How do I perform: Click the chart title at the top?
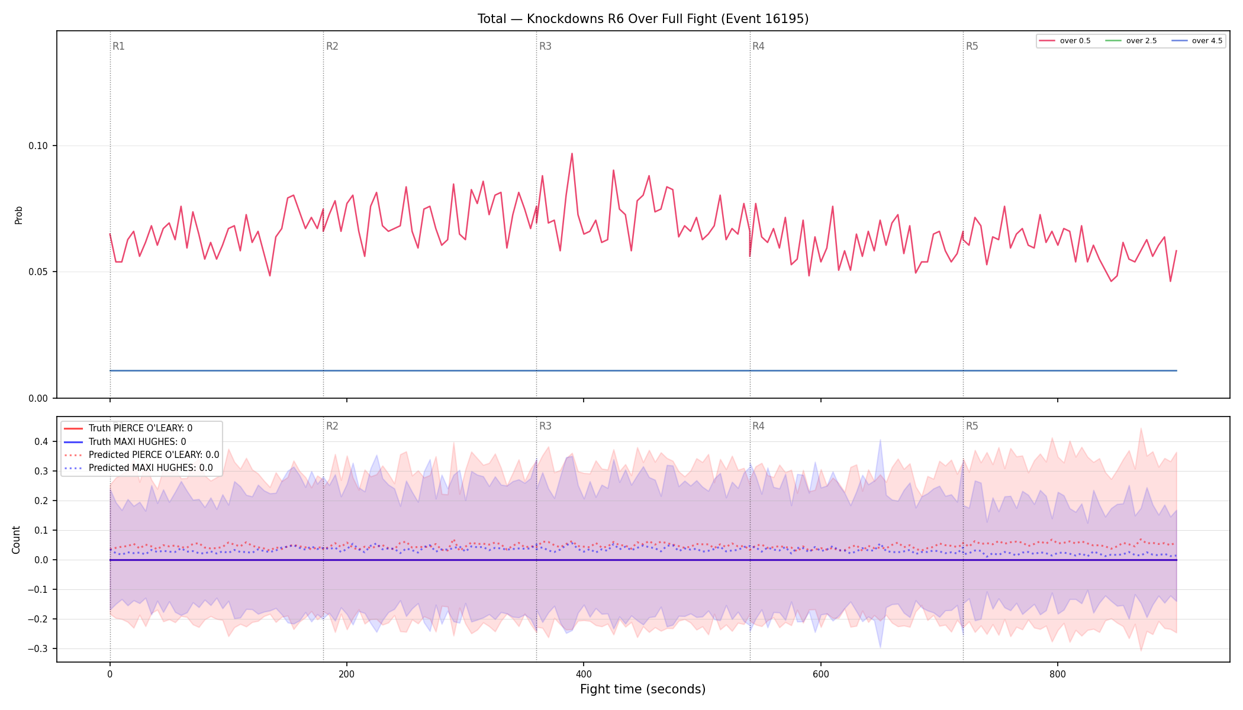coord(643,19)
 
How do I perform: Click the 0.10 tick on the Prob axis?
coord(38,146)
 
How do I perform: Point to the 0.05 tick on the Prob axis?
coord(38,272)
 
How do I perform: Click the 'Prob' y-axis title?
coord(19,215)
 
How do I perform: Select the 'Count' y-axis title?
coord(16,540)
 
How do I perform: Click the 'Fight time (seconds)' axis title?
coord(643,689)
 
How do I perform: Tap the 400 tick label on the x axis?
coord(584,674)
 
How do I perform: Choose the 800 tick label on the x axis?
coord(1058,674)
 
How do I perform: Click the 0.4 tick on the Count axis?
coord(41,442)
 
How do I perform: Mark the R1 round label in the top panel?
coord(118,46)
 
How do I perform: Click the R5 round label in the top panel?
coord(972,46)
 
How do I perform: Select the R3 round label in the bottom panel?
coord(545,426)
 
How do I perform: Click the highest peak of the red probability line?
coord(572,154)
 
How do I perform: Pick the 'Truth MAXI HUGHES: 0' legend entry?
coord(137,442)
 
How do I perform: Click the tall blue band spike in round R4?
coord(880,441)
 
